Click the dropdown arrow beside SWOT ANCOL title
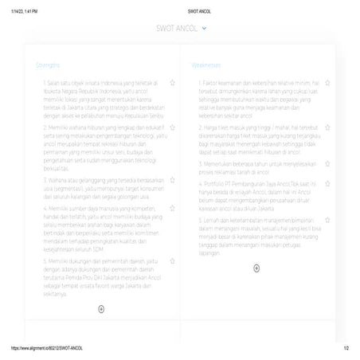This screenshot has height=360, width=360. (205, 28)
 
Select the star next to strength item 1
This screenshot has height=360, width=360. (173, 82)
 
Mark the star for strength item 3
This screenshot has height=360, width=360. (173, 181)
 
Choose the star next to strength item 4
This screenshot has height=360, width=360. (173, 208)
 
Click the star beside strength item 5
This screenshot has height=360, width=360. (173, 260)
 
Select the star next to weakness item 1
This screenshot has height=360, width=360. (327, 82)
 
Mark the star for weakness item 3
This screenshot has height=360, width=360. (327, 162)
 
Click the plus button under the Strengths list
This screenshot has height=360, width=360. (101, 307)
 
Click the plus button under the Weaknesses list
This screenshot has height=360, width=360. (256, 268)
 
